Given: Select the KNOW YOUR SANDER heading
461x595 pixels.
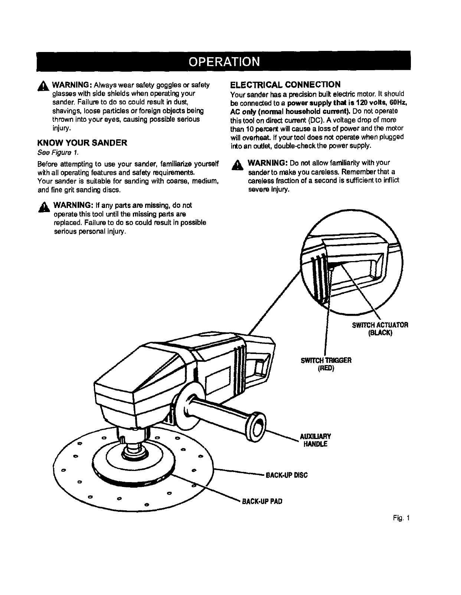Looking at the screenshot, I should point(82,143).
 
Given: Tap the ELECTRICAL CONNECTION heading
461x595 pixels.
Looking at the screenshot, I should point(285,84).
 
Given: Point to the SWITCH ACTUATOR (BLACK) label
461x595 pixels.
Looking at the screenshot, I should point(380,329).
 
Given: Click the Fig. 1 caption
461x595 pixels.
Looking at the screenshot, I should point(402,518).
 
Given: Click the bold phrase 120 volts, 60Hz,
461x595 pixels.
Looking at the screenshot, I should point(377,103).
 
